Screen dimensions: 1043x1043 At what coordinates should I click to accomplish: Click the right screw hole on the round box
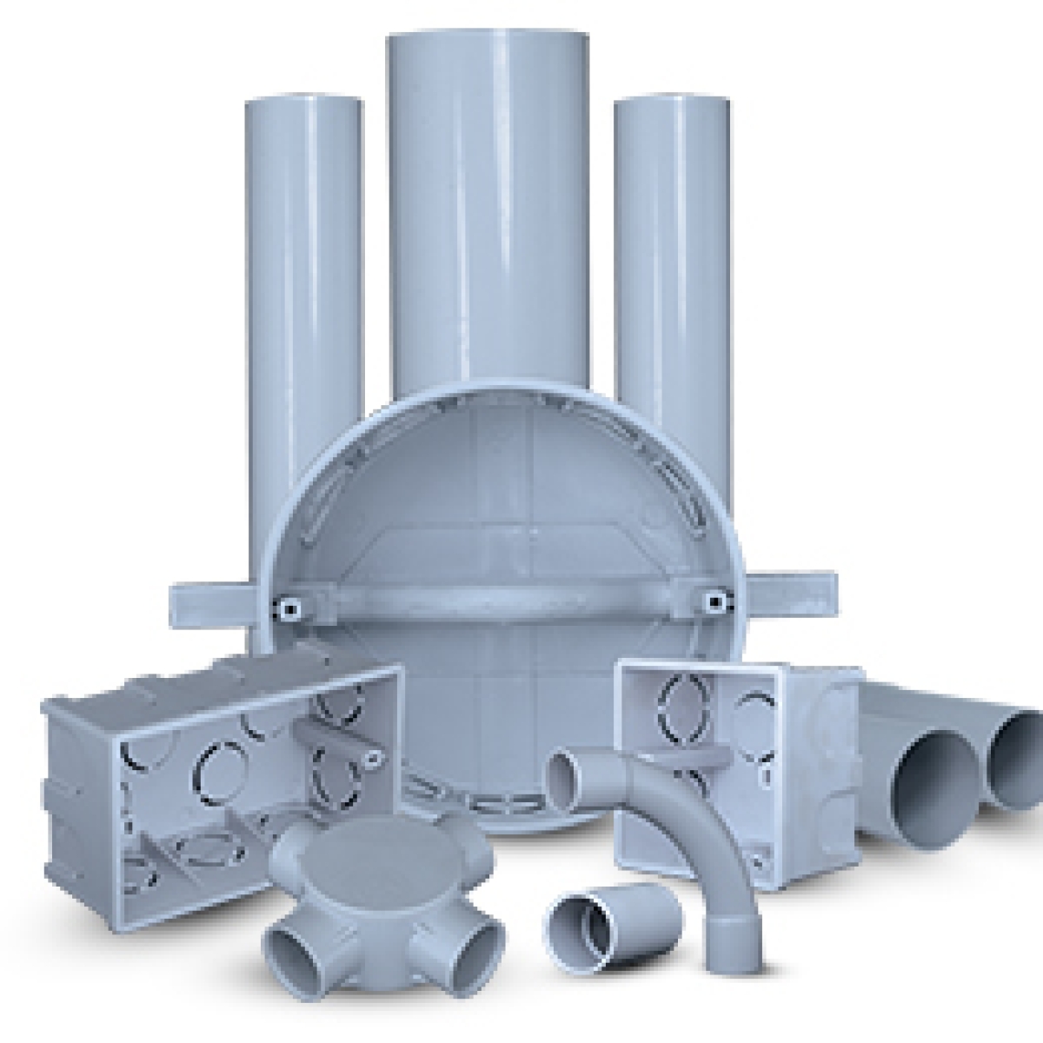714,600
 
